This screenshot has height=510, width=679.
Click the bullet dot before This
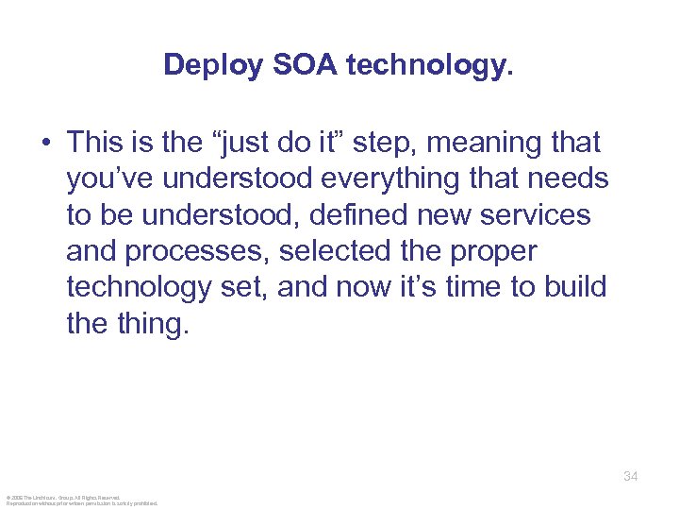click(x=45, y=144)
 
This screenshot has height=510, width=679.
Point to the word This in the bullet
click(x=95, y=144)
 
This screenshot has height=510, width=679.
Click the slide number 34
click(x=630, y=477)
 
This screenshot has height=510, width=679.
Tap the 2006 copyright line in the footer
click(x=62, y=497)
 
